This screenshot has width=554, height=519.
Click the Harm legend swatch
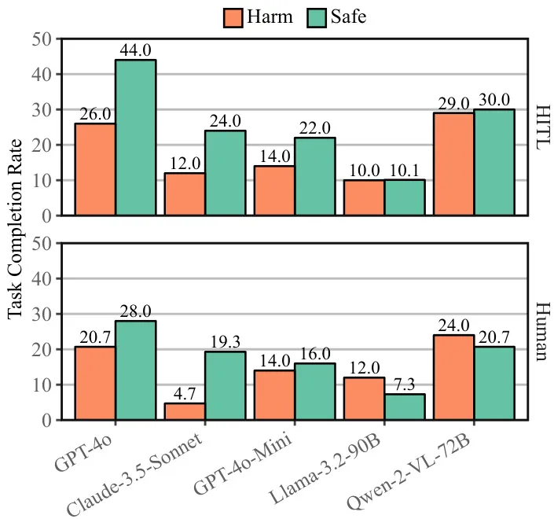click(x=233, y=17)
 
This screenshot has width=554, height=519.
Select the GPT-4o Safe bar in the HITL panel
click(x=135, y=138)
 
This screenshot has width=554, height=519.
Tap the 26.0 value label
click(x=95, y=114)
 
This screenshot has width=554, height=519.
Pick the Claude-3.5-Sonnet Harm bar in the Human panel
click(x=185, y=411)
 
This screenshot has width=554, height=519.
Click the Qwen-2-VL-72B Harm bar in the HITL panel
click(x=453, y=164)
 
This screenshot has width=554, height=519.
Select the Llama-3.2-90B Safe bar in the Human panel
click(x=405, y=407)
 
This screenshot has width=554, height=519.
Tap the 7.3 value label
click(x=405, y=385)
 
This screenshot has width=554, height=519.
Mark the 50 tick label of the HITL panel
click(x=43, y=39)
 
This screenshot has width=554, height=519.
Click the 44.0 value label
click(x=135, y=50)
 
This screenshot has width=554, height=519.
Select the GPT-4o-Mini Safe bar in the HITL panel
click(x=314, y=176)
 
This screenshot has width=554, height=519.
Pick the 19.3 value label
click(x=225, y=342)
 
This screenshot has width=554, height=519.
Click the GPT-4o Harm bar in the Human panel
click(x=95, y=383)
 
